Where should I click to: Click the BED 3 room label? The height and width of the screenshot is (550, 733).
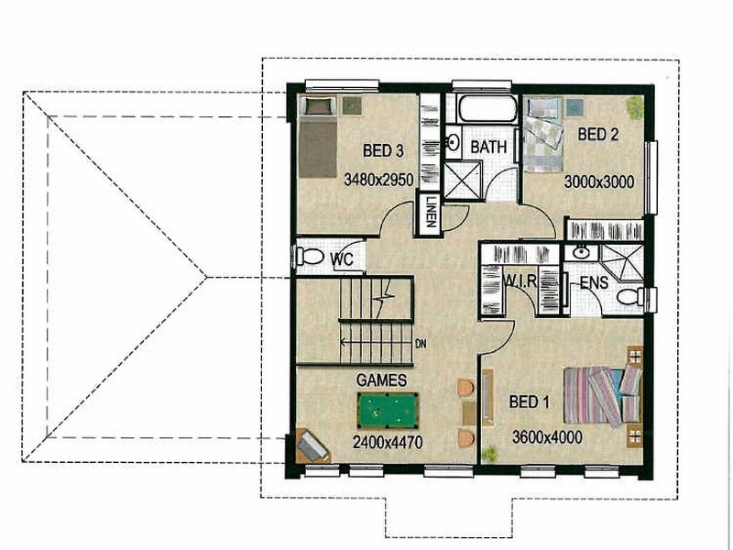(383, 151)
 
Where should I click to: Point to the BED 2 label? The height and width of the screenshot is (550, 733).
(598, 135)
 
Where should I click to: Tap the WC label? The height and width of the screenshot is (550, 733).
(342, 260)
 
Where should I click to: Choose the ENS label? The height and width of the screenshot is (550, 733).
(594, 283)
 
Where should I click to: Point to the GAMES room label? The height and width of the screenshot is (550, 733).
(382, 379)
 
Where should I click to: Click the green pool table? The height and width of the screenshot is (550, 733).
(387, 412)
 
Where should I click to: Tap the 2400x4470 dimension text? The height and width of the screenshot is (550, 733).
(387, 442)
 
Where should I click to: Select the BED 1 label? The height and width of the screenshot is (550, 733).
(531, 403)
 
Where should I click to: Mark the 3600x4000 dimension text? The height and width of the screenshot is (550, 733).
(547, 437)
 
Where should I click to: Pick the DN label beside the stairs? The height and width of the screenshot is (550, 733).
(421, 346)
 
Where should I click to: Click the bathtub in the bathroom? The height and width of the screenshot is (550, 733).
(486, 110)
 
